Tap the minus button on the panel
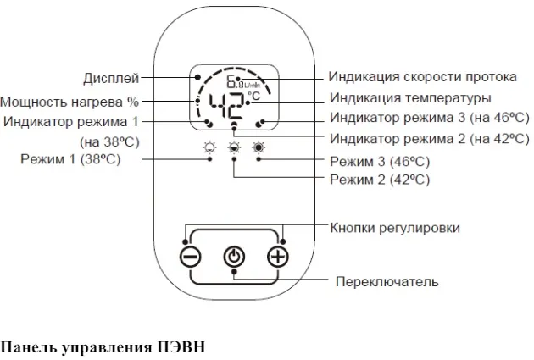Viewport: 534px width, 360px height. click(x=190, y=257)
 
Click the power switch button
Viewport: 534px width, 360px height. click(x=234, y=257)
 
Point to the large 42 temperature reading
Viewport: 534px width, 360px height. click(x=226, y=106)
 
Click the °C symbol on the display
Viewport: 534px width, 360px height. click(x=254, y=96)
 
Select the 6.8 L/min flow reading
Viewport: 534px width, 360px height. click(x=243, y=81)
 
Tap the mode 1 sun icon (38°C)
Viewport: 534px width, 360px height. click(x=209, y=148)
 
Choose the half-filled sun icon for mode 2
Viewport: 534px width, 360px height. click(x=234, y=148)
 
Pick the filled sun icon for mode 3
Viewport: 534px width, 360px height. click(x=259, y=147)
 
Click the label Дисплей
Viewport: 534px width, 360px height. click(x=111, y=79)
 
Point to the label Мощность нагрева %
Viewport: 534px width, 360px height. click(x=70, y=102)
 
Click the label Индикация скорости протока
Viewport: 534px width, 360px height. click(x=422, y=77)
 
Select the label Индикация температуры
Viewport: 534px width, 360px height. click(x=410, y=98)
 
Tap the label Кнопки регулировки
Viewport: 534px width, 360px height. click(x=395, y=228)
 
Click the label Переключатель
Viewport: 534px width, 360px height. click(x=387, y=282)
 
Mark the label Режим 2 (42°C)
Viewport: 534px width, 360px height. click(x=380, y=180)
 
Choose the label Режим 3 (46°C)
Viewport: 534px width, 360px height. click(x=380, y=161)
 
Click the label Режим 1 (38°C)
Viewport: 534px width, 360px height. click(x=70, y=159)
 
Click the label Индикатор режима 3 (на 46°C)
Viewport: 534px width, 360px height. click(x=430, y=118)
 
